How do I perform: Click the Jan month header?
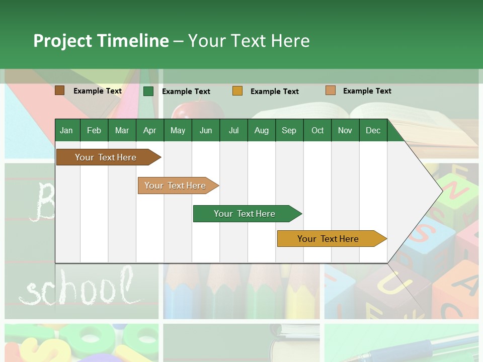66,131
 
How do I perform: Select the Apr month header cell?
150,131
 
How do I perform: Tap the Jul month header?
233,131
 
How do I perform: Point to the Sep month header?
289,131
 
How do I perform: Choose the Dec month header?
373,131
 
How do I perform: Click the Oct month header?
317,131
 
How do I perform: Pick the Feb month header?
94,131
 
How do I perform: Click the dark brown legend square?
59,90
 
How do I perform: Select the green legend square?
148,91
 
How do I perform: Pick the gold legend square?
237,91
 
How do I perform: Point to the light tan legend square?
330,90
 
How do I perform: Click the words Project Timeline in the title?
101,41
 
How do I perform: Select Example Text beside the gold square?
275,92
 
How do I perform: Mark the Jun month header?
206,131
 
